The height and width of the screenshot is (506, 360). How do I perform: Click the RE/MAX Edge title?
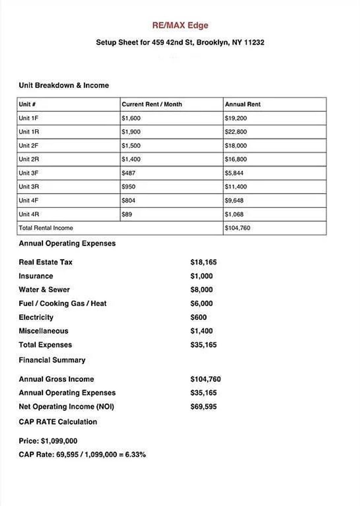coord(180,25)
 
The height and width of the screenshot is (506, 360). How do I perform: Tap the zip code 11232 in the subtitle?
coord(254,43)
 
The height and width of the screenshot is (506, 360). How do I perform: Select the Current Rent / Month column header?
coord(152,104)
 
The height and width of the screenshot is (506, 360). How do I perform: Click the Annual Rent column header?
coord(243,104)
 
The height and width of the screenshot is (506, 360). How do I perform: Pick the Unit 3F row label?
coord(28,173)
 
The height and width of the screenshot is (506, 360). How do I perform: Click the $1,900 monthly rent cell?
coord(131,132)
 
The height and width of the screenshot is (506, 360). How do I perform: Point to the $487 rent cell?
coord(128,173)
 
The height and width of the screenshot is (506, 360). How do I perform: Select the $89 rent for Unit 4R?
coord(127,214)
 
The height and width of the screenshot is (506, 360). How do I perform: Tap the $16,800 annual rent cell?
coord(236,159)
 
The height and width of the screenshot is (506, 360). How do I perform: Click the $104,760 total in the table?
coord(237,228)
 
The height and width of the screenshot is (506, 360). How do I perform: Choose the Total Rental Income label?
coord(46,228)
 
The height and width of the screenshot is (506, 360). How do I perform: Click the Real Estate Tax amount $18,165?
coord(203,262)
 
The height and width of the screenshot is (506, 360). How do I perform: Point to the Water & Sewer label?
coord(44,290)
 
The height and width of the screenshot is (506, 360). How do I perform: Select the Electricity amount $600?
coord(198,317)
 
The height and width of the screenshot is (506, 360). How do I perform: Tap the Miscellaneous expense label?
coord(44,331)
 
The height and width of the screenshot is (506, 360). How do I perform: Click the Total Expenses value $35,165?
coord(203,345)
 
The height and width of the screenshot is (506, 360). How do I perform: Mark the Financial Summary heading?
coord(52,360)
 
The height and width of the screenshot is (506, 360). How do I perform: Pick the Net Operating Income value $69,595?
coord(203,407)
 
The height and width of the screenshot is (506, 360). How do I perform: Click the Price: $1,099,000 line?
coord(48,441)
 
